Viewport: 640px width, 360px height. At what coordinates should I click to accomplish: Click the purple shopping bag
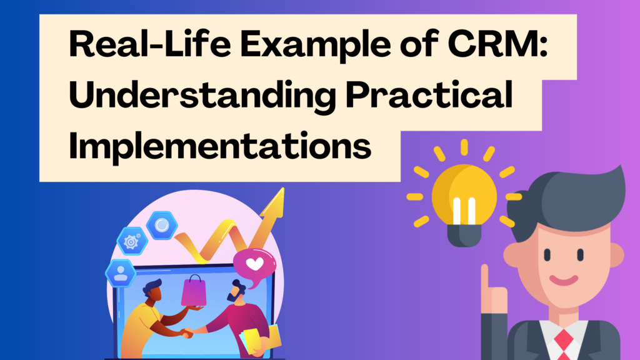(x=194, y=291)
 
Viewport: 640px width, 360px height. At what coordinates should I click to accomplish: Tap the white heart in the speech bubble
(x=254, y=264)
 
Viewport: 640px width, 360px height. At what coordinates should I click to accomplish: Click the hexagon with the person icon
(x=119, y=273)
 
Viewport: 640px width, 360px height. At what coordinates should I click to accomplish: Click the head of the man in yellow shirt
(x=150, y=291)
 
